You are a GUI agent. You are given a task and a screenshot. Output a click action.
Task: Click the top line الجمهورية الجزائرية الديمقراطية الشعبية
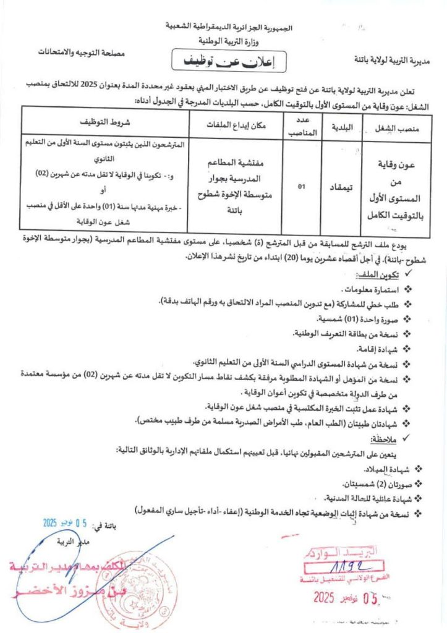click(228, 28)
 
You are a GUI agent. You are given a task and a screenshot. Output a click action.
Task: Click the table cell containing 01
click(302, 184)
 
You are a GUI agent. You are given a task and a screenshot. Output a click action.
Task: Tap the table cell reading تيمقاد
click(343, 184)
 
